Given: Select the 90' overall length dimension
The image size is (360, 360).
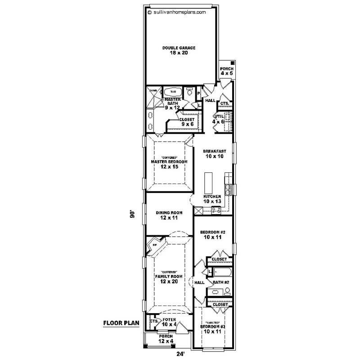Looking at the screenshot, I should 132,215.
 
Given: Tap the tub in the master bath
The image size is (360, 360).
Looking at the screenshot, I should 173,91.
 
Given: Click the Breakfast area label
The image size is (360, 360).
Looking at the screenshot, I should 214,153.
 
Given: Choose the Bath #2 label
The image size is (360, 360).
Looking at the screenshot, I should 221,282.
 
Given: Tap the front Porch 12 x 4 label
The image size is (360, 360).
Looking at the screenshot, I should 165,338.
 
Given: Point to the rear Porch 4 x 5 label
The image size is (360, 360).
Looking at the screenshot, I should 226,71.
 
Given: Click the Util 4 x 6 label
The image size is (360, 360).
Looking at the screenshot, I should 219,119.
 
